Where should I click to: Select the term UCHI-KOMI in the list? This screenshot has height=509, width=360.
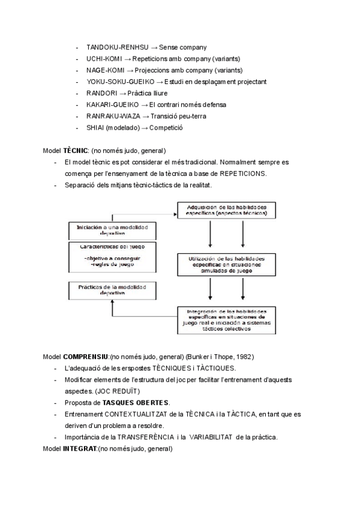point(104,59)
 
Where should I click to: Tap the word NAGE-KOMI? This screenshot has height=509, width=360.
point(105,70)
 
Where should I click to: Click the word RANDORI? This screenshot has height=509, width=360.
point(101,94)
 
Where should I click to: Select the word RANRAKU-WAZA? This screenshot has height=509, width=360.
point(112,116)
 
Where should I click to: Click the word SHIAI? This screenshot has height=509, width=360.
point(95,128)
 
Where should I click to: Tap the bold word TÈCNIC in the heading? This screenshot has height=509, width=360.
point(76,151)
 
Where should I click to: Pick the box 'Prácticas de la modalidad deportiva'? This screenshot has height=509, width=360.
point(112,291)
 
